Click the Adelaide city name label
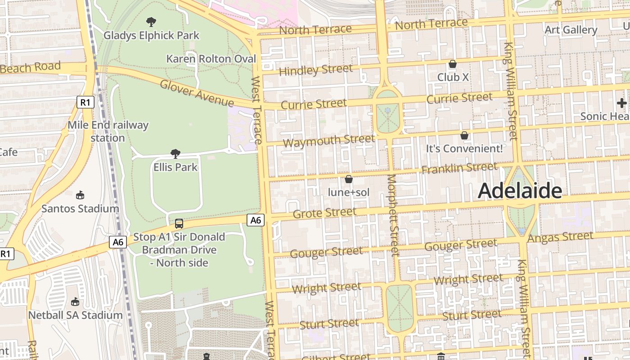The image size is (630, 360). (520, 191)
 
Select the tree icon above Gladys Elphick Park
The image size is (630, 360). (152, 22)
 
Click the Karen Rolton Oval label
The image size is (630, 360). (211, 59)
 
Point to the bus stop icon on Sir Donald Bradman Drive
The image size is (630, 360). (179, 224)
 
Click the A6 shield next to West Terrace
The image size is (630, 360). (255, 220)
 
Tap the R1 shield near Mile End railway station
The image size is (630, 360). (85, 102)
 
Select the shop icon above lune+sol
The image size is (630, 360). (348, 180)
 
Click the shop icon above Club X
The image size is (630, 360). (453, 64)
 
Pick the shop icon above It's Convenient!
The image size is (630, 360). (464, 135)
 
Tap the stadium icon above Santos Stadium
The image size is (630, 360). (80, 195)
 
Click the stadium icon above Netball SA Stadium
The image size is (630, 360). (75, 301)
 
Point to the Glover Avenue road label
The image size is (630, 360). (197, 93)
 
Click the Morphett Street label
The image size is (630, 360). (393, 215)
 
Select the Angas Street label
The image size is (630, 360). (561, 237)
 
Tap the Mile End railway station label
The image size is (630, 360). (108, 131)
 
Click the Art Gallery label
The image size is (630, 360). (571, 30)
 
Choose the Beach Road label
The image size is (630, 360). (31, 68)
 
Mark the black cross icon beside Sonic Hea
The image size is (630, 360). (621, 103)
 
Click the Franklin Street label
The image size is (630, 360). (459, 168)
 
